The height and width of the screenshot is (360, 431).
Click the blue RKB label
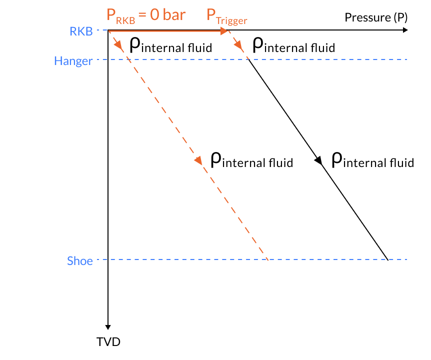point(81,31)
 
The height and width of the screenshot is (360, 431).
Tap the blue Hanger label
point(73,61)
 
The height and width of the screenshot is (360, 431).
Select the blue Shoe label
point(80,260)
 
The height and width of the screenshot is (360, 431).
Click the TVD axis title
point(108,342)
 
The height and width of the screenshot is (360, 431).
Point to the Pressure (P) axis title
point(376,17)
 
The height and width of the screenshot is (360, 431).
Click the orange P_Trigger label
point(227,16)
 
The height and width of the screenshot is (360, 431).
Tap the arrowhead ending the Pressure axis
point(405,30)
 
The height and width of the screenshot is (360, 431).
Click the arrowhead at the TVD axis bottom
point(108,325)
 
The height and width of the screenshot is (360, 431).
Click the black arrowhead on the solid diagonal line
point(319,160)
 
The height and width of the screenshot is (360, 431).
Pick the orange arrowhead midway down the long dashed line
point(198,160)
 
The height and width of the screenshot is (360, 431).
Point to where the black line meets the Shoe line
point(388,259)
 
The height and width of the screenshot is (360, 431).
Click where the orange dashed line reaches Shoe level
point(268,259)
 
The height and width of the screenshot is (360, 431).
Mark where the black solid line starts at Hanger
point(248,60)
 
